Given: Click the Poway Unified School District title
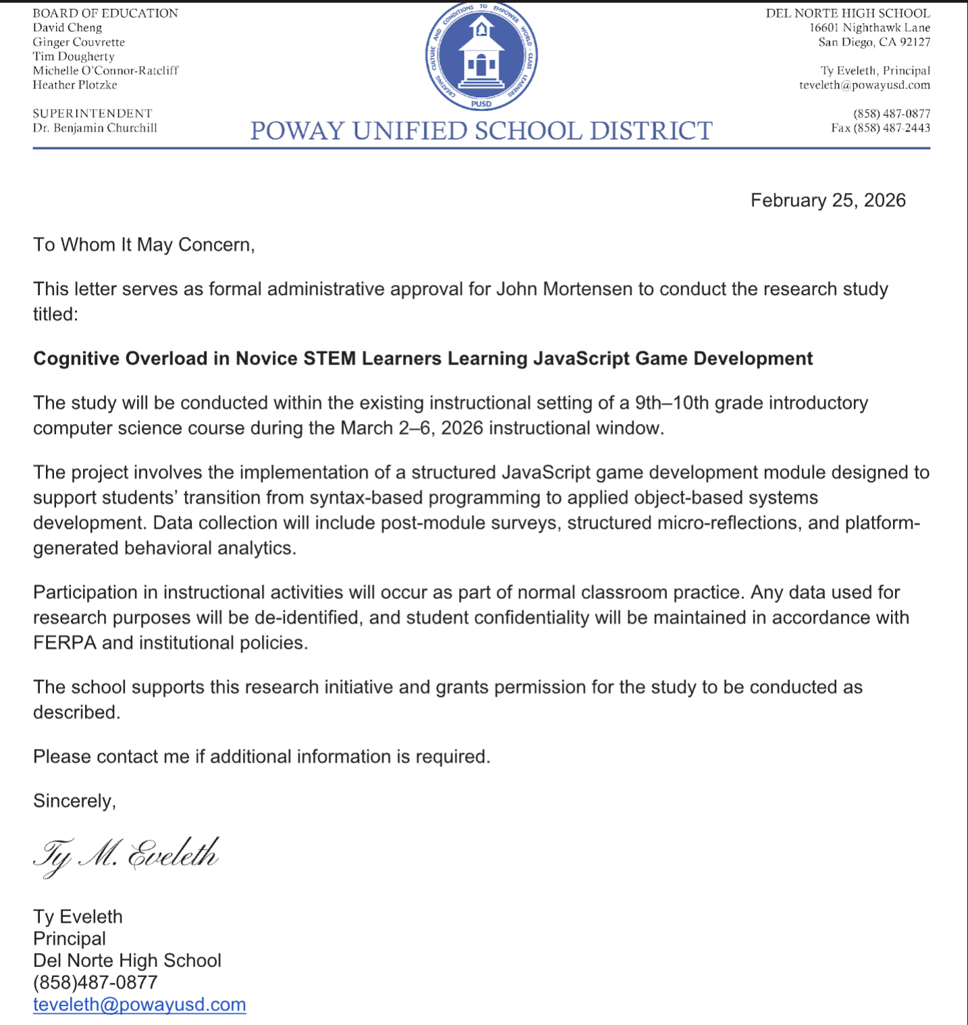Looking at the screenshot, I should pyautogui.click(x=481, y=130).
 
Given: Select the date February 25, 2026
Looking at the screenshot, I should pyautogui.click(x=828, y=201).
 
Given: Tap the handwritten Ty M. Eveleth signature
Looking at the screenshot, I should pyautogui.click(x=126, y=856).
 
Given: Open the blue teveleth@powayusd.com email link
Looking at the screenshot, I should pyautogui.click(x=140, y=1005).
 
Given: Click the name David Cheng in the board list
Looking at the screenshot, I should pyautogui.click(x=68, y=28).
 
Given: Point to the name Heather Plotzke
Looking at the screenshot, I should pyautogui.click(x=75, y=85).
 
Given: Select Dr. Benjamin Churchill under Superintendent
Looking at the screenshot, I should pyautogui.click(x=95, y=128).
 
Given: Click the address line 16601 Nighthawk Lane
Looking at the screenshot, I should pyautogui.click(x=869, y=28).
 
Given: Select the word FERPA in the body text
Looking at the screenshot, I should pyautogui.click(x=65, y=643).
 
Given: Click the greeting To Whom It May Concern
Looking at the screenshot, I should pyautogui.click(x=144, y=244).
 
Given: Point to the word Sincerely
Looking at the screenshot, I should pyautogui.click(x=74, y=801).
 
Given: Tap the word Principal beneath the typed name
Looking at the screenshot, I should pyautogui.click(x=70, y=939).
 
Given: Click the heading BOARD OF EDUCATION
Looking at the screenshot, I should pyautogui.click(x=105, y=13).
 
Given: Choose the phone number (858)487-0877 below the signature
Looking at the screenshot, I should pyautogui.click(x=95, y=982).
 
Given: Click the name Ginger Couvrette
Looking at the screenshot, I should pyautogui.click(x=79, y=42).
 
